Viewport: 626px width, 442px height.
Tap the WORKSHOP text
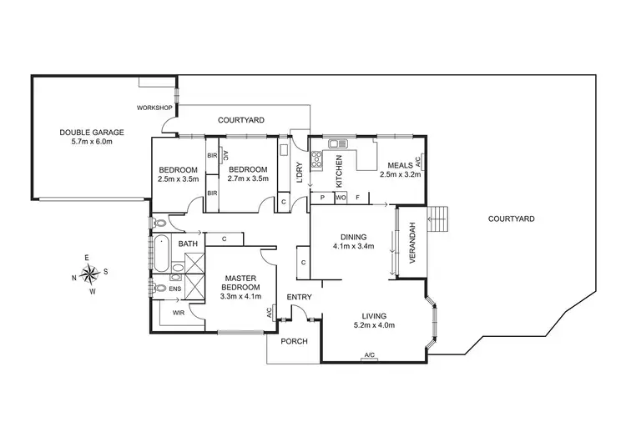coord(154,108)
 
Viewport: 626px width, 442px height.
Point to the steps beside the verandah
coord(438,220)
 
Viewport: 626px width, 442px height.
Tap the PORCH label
coord(294,341)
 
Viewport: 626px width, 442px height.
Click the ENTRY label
coord(299,298)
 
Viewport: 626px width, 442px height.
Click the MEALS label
coord(395,164)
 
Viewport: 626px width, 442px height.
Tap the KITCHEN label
coord(340,170)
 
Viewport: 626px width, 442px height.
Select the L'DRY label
coord(299,172)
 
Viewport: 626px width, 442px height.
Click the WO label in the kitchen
coord(341,198)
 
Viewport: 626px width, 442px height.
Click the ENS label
coord(174,289)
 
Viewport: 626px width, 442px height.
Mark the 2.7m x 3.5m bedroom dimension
coord(248,178)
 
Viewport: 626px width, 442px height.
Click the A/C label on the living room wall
coord(369,356)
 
